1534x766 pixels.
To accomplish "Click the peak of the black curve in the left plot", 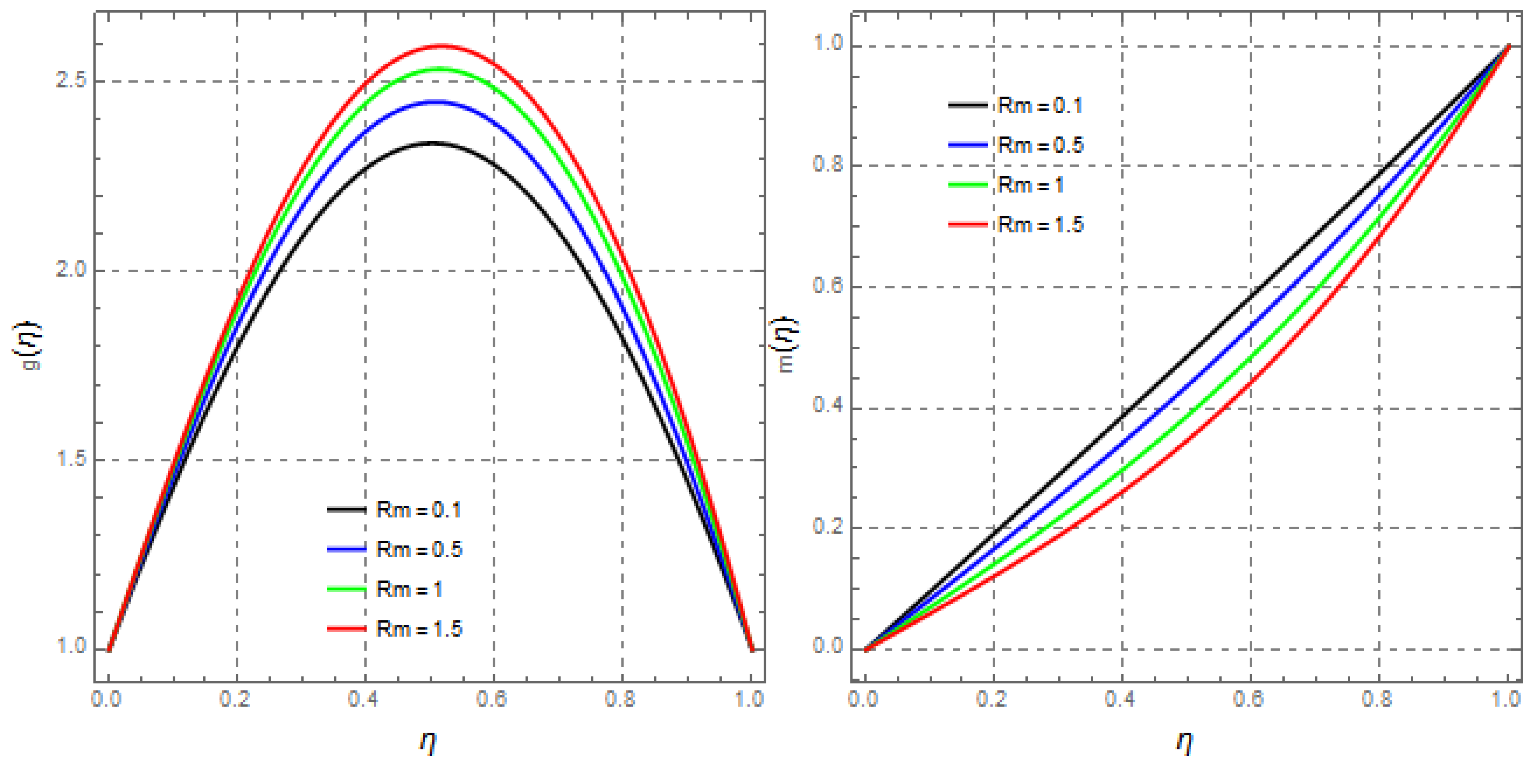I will [433, 143].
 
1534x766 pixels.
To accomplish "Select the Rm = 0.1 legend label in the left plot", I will [419, 510].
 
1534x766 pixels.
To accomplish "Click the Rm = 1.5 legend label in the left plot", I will [419, 629].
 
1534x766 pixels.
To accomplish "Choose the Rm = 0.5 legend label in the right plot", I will [1040, 145].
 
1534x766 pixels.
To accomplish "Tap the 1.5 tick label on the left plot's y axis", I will [71, 459].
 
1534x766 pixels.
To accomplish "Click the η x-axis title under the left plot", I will [428, 741].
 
